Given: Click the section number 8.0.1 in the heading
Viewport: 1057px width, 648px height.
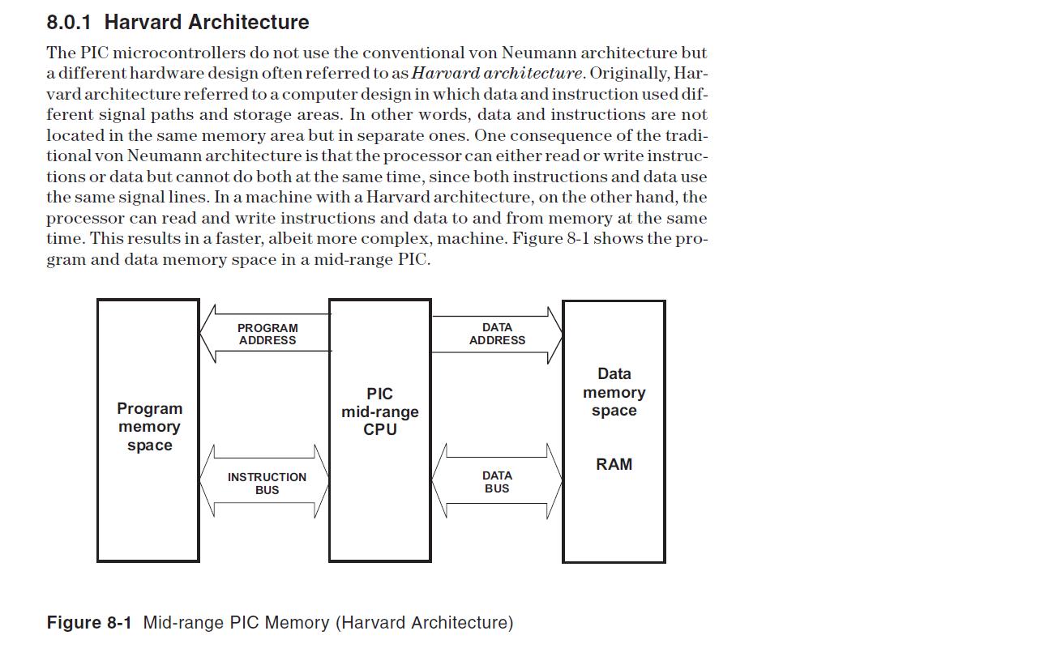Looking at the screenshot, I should point(69,22).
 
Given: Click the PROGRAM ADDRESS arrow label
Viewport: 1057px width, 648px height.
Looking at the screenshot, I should point(267,334).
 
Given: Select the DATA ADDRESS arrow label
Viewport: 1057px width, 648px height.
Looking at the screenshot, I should point(497,334).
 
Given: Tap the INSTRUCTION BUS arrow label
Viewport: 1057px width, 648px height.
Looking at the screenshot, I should point(267,484).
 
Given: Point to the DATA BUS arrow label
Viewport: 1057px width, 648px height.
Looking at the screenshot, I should point(497,482).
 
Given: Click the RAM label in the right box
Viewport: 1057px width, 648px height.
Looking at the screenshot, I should point(614,464).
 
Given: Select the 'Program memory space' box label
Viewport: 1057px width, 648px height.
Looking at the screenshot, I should point(149,427).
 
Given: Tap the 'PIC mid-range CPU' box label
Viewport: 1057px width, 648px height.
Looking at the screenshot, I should point(379,411).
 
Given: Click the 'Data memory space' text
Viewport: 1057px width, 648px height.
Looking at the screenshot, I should point(614,392).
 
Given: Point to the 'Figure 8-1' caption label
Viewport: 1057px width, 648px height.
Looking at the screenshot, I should point(88,623).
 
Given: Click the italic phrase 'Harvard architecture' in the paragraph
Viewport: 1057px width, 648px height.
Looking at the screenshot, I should point(496,73).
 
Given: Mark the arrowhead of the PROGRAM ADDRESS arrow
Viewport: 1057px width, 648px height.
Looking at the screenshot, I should point(208,333).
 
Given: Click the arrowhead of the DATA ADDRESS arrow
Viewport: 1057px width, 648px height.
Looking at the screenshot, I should point(554,333).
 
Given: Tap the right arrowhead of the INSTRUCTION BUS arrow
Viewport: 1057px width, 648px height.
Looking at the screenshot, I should point(322,480).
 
